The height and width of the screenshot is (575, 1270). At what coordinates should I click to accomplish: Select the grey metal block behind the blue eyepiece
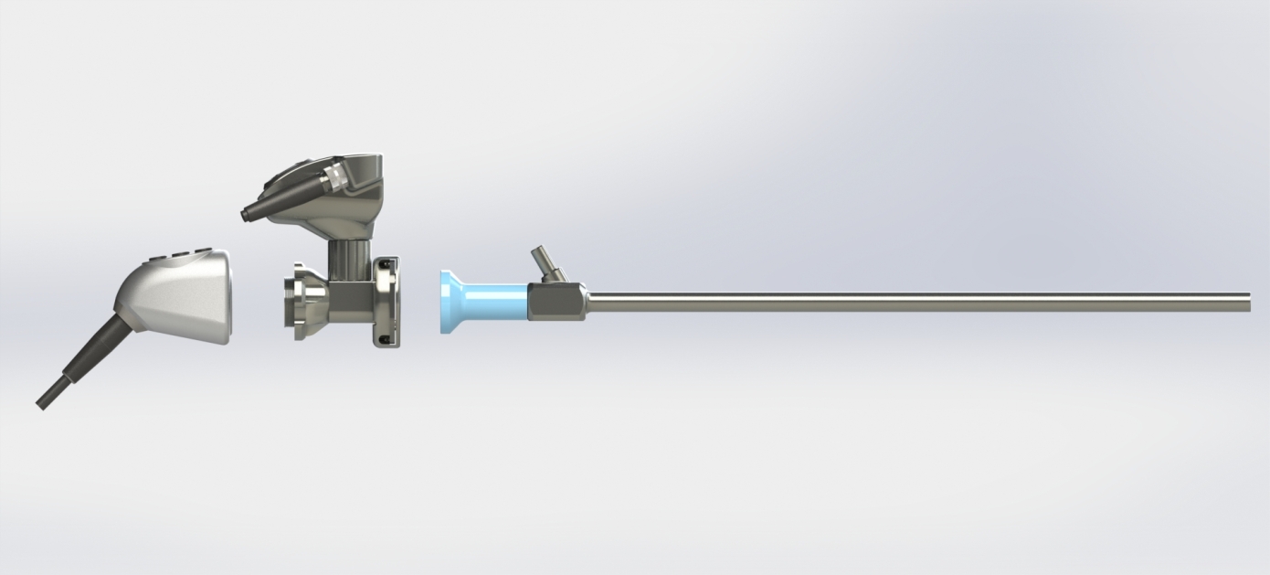(557, 303)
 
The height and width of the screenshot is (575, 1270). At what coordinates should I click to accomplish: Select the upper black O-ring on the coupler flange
(386, 265)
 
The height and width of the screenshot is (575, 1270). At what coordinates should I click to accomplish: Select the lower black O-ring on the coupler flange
(386, 339)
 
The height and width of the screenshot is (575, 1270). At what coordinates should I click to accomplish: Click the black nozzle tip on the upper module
(247, 215)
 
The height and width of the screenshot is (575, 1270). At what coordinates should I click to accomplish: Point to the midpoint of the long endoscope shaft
(918, 303)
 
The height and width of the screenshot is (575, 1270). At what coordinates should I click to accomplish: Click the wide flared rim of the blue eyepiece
(449, 302)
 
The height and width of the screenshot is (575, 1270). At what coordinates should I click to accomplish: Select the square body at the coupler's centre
(351, 302)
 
